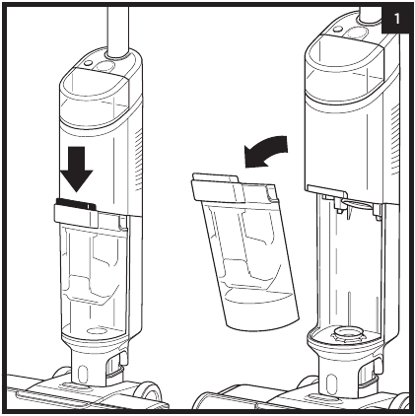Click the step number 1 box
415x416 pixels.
pyautogui.click(x=395, y=19)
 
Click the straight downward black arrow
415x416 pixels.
pyautogui.click(x=77, y=169)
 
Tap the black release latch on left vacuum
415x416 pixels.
pyautogui.click(x=76, y=204)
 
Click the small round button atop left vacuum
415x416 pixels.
pyautogui.click(x=88, y=63)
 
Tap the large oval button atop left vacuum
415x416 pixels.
pyautogui.click(x=105, y=66)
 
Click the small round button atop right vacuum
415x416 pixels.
pyautogui.click(x=337, y=29)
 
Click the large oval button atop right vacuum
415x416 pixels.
pyautogui.click(x=356, y=33)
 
